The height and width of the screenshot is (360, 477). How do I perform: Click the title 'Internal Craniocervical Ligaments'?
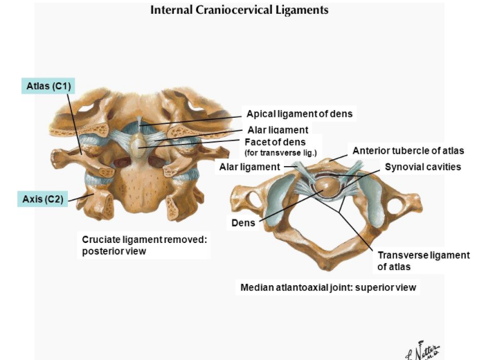239,10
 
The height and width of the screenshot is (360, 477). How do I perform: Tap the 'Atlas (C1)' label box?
46,86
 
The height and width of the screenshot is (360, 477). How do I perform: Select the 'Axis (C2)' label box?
42,199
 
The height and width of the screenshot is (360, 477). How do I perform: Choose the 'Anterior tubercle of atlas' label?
408,150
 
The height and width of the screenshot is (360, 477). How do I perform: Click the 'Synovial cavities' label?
423,167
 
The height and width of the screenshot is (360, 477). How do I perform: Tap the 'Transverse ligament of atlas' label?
423,260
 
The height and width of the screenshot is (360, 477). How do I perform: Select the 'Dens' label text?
243,223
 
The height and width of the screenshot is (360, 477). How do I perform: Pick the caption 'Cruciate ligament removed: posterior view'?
145,245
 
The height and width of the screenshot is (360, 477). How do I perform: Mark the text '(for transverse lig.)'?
280,152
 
